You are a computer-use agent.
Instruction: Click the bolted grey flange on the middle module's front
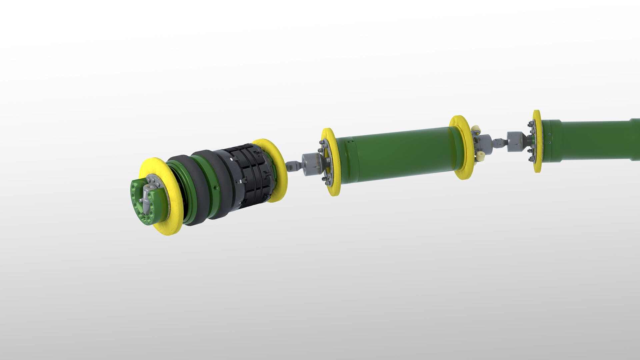325,163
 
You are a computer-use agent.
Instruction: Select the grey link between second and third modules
499,143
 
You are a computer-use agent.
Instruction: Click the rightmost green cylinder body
593,140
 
